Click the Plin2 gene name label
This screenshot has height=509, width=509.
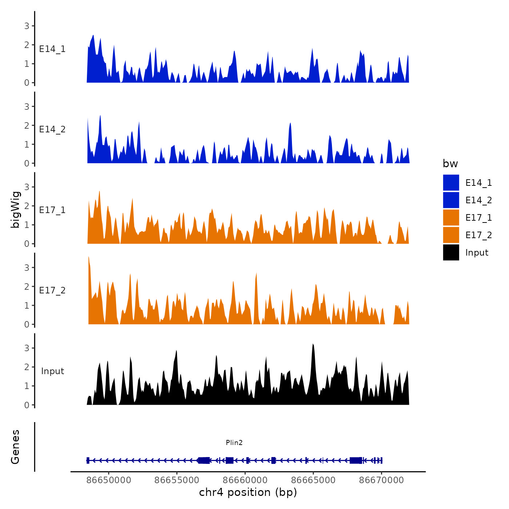tap(234, 442)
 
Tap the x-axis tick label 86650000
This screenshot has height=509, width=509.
tap(109, 480)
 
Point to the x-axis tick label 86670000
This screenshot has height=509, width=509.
tap(381, 480)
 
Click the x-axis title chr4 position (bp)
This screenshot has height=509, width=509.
tap(248, 492)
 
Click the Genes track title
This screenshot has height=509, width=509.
tap(15, 447)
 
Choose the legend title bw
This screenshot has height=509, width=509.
tap(450, 164)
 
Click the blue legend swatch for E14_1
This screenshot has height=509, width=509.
tap(451, 183)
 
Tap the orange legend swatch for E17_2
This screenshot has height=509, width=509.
tap(451, 235)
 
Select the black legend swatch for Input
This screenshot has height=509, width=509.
tap(451, 252)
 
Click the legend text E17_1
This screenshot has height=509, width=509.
tap(478, 217)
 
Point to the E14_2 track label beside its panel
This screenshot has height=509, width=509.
tap(52, 129)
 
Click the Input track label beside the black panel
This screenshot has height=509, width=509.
tap(52, 371)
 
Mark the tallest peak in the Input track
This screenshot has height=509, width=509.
tap(313, 344)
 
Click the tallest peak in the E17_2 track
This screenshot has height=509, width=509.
tap(89, 257)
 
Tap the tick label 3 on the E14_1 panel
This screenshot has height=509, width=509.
tap(27, 26)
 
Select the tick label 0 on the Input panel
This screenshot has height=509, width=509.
tap(27, 405)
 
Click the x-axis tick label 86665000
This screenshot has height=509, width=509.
tap(313, 480)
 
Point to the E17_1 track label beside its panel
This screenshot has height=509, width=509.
tap(52, 210)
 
